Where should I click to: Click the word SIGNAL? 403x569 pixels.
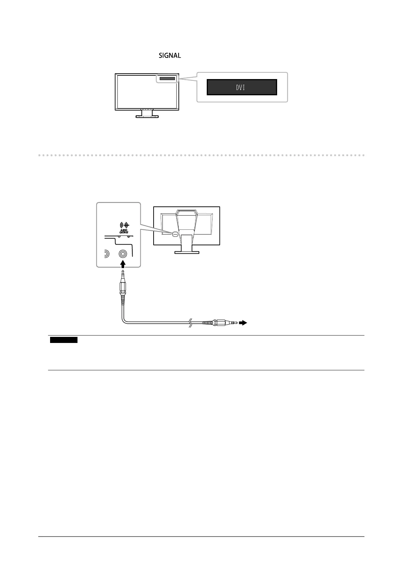(170, 55)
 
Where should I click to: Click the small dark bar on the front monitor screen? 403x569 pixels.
(167, 79)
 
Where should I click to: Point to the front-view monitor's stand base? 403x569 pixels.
(147, 116)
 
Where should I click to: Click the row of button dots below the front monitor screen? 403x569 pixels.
(147, 109)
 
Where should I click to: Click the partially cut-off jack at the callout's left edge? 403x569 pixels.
(106, 254)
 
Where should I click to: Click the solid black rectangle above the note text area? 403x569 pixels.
(64, 340)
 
